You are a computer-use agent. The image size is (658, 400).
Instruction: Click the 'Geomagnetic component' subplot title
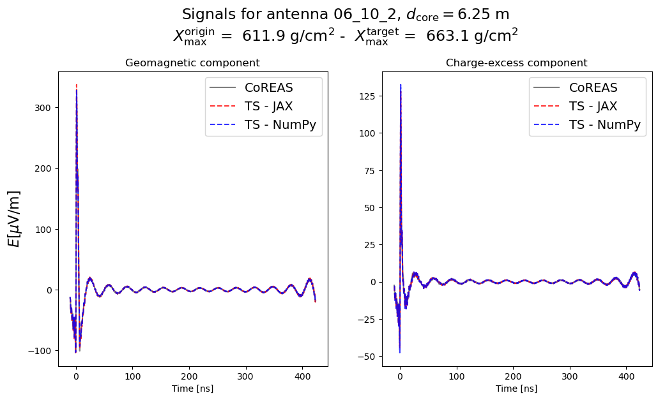(192, 63)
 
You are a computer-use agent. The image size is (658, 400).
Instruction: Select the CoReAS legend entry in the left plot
(271, 87)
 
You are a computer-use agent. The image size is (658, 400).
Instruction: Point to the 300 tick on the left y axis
(45, 108)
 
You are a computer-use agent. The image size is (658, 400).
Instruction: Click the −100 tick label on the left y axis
(42, 351)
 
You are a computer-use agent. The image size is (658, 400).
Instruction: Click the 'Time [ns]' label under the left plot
(192, 389)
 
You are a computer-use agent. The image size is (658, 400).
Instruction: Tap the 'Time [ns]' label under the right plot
(516, 389)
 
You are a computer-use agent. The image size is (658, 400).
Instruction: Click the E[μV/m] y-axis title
(14, 218)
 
